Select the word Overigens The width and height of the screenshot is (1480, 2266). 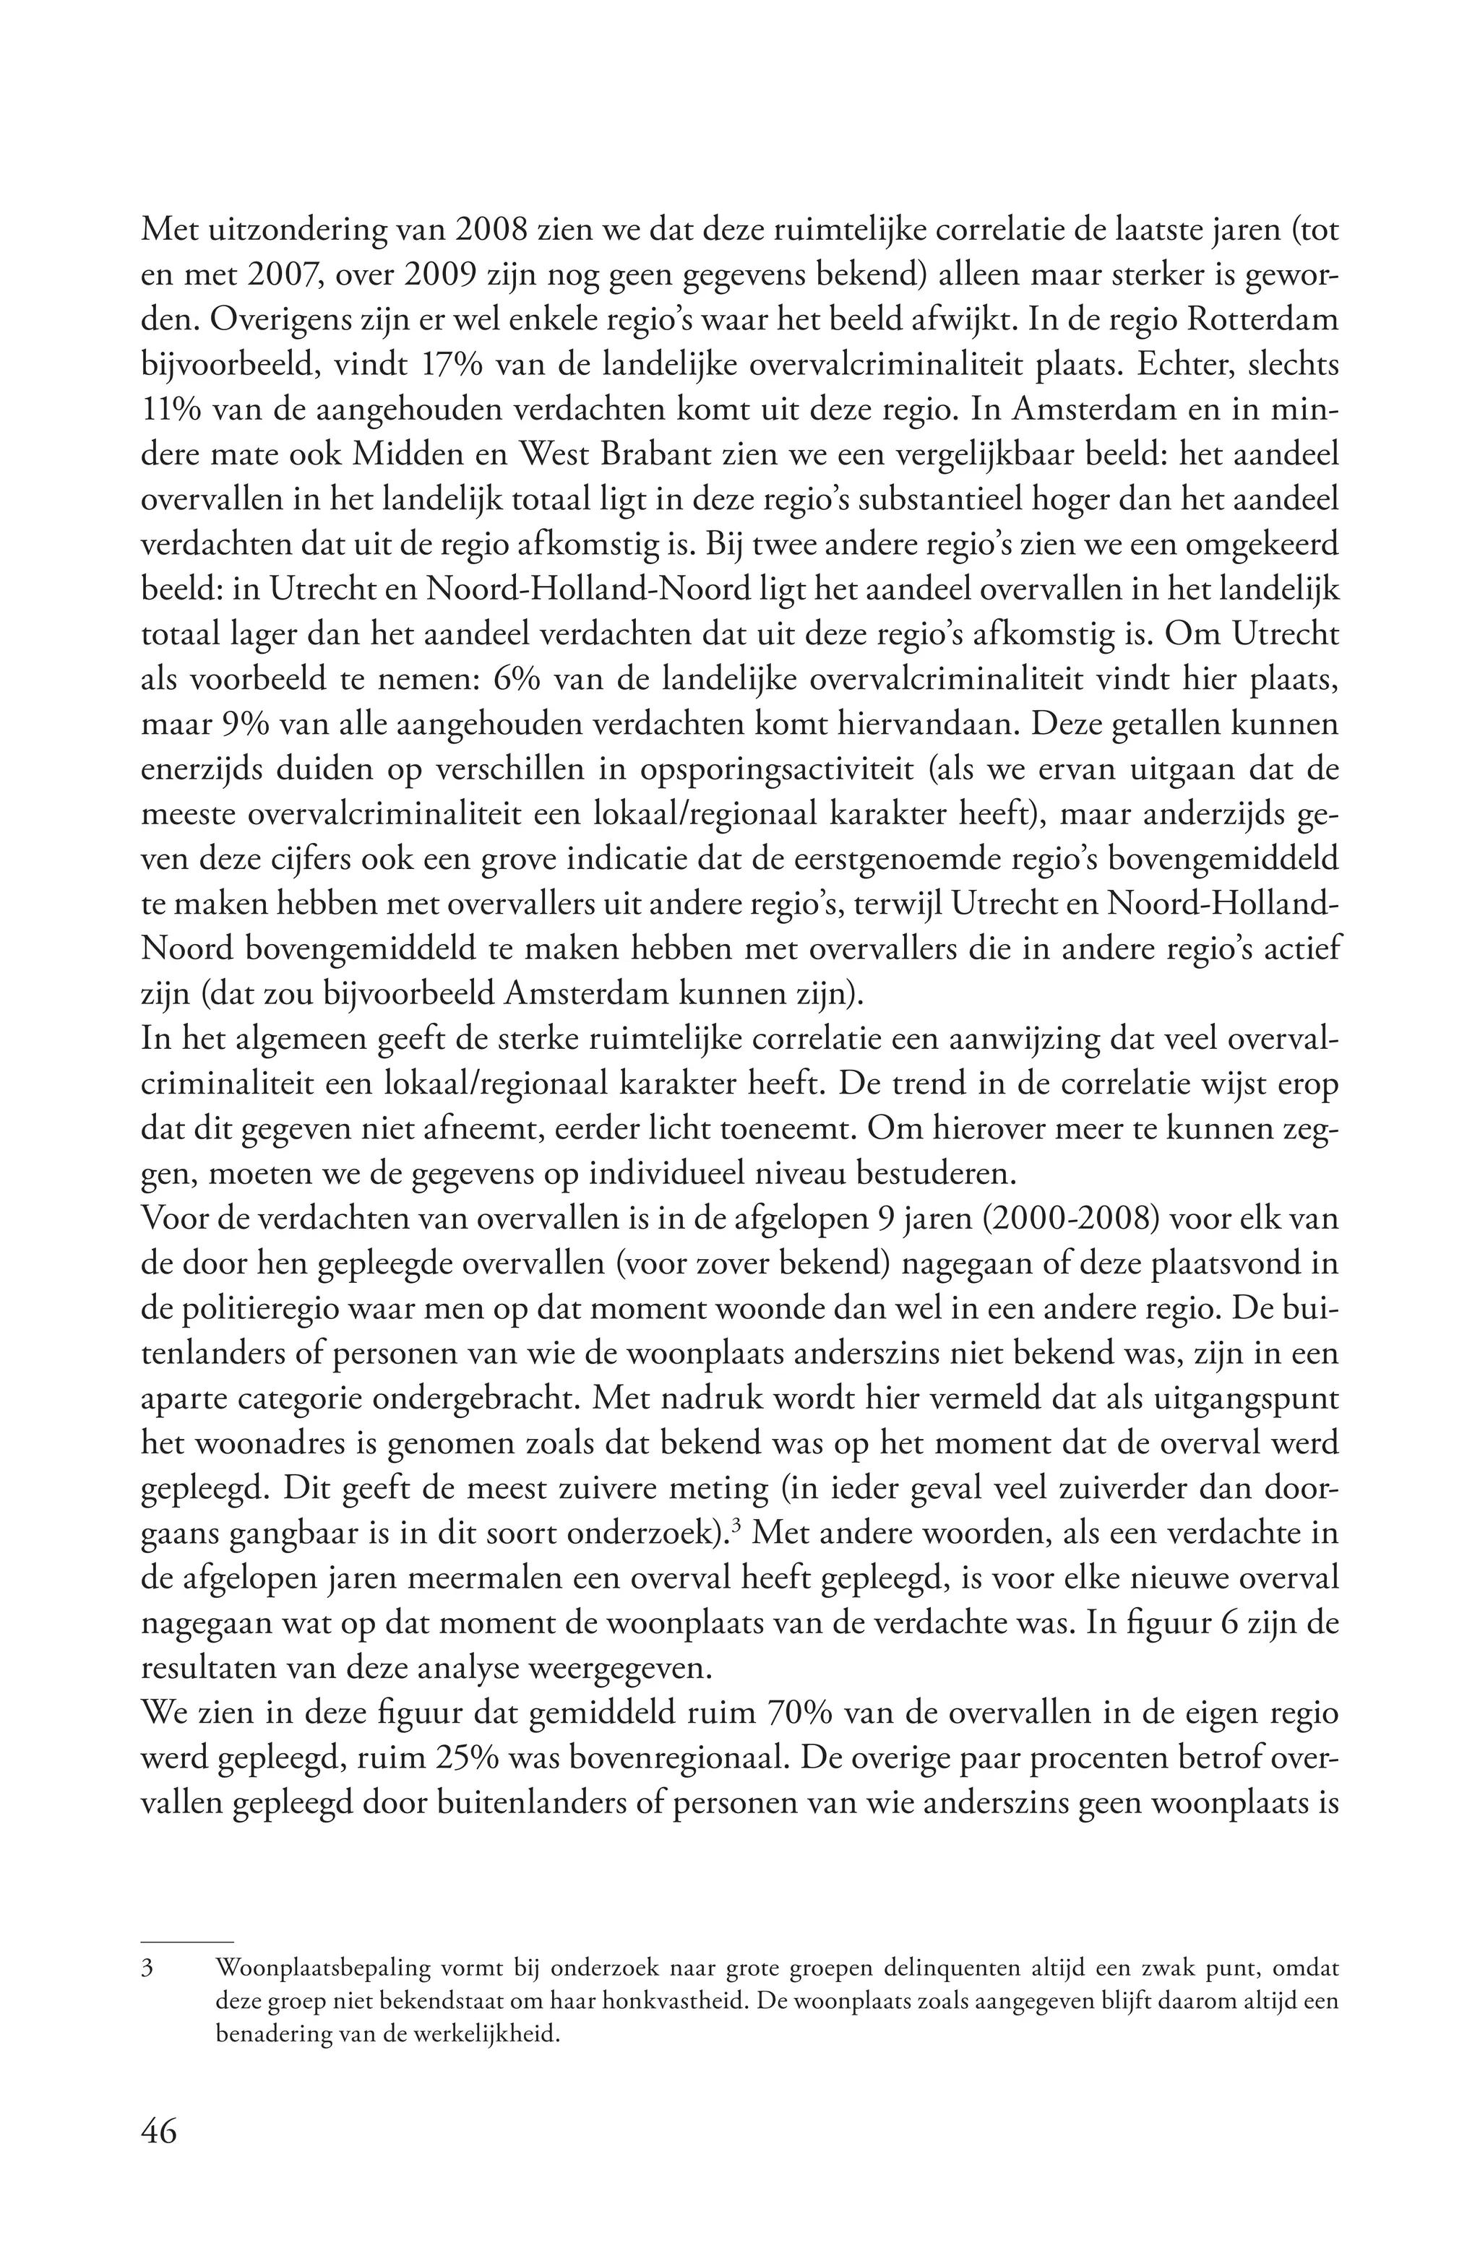pyautogui.click(x=270, y=319)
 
